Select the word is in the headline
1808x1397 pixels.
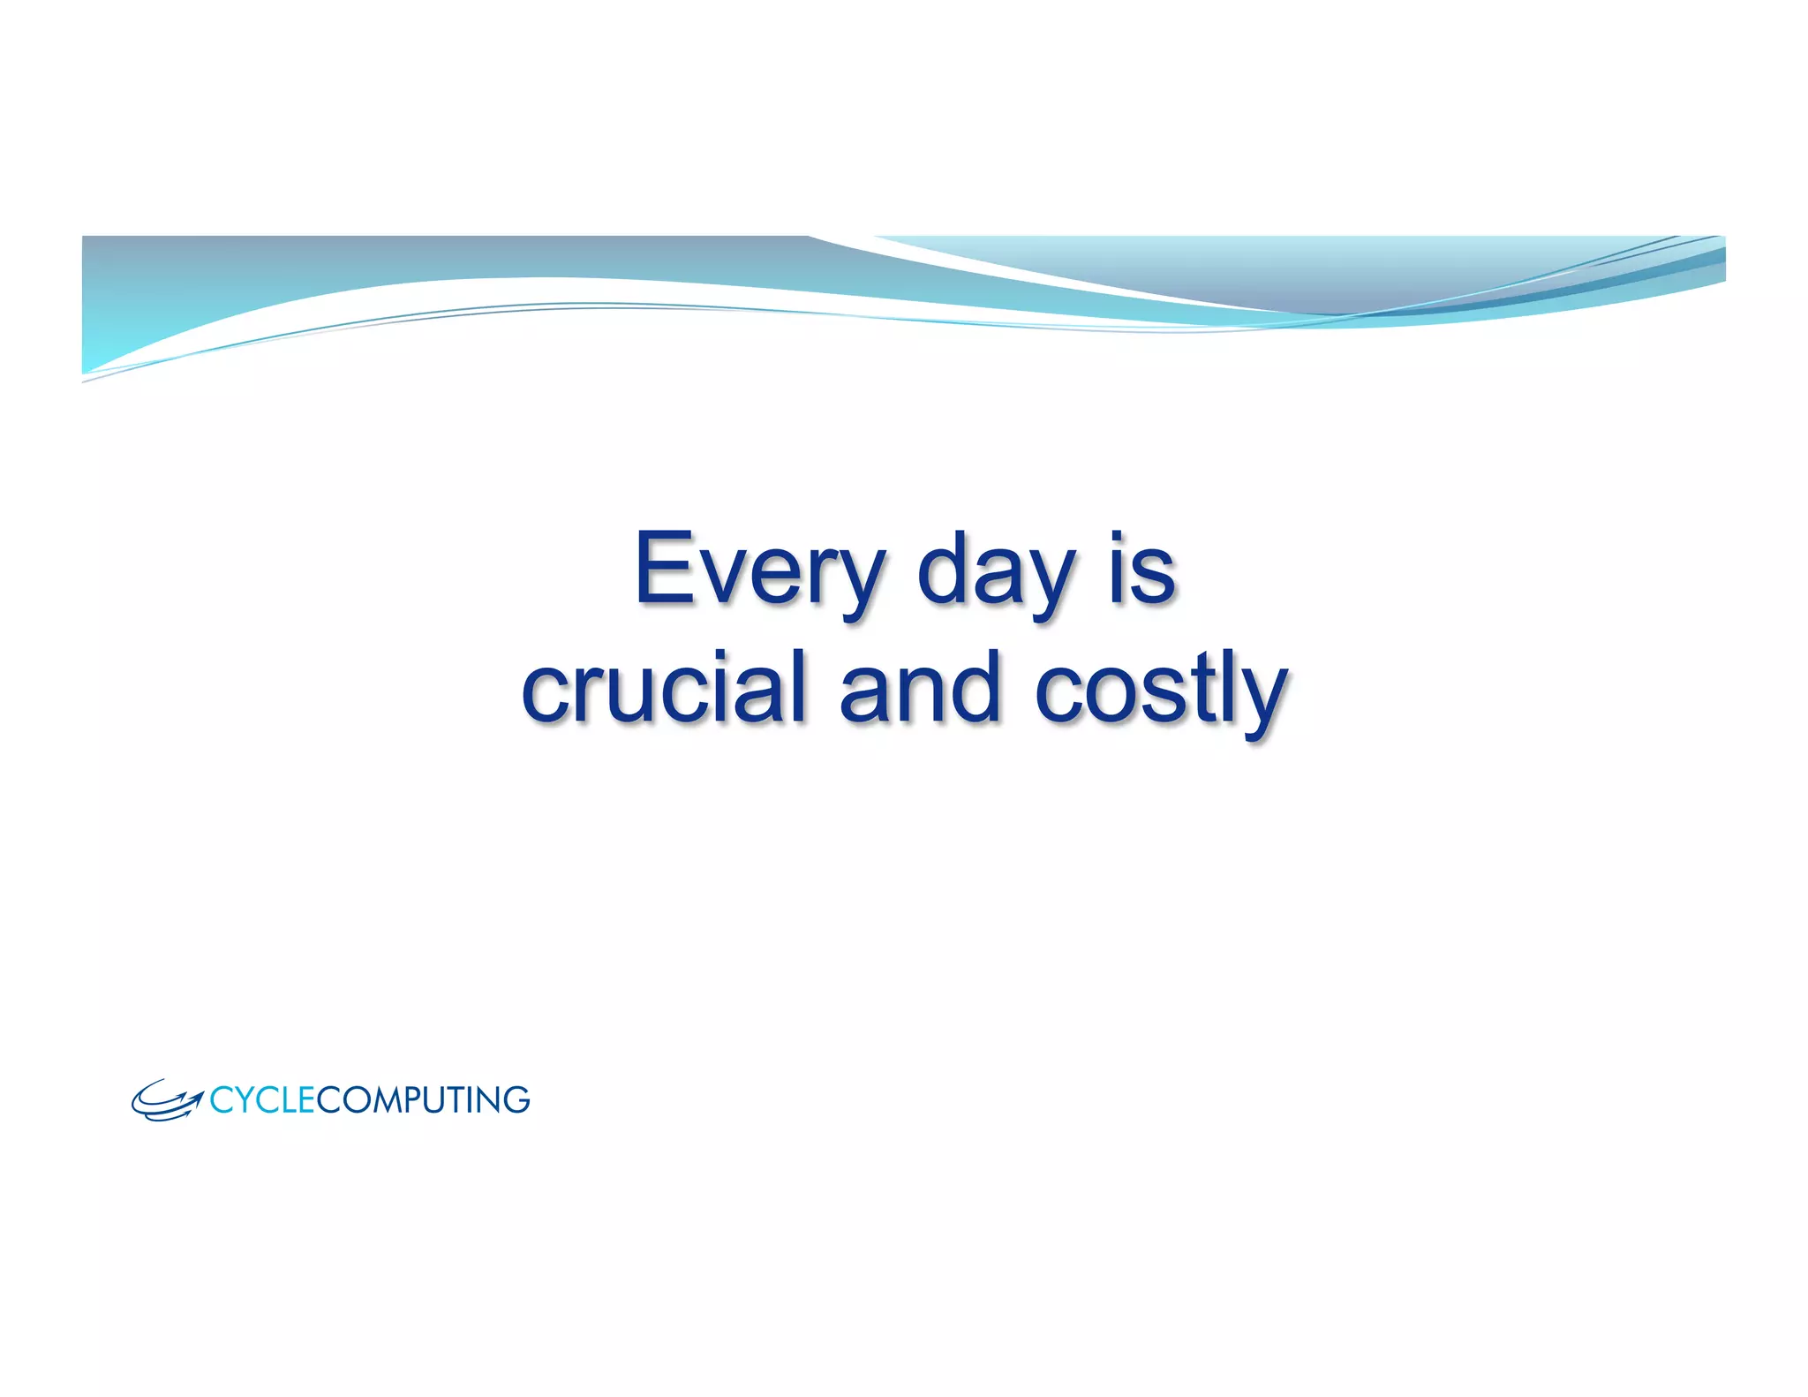point(1143,570)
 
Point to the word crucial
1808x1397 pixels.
point(663,687)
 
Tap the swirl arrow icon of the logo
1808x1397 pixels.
point(167,1100)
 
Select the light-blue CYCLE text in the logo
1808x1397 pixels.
point(262,1100)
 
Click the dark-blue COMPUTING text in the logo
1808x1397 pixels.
point(423,1100)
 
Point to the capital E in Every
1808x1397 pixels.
point(665,567)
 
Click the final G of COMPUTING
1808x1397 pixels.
point(516,1100)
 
